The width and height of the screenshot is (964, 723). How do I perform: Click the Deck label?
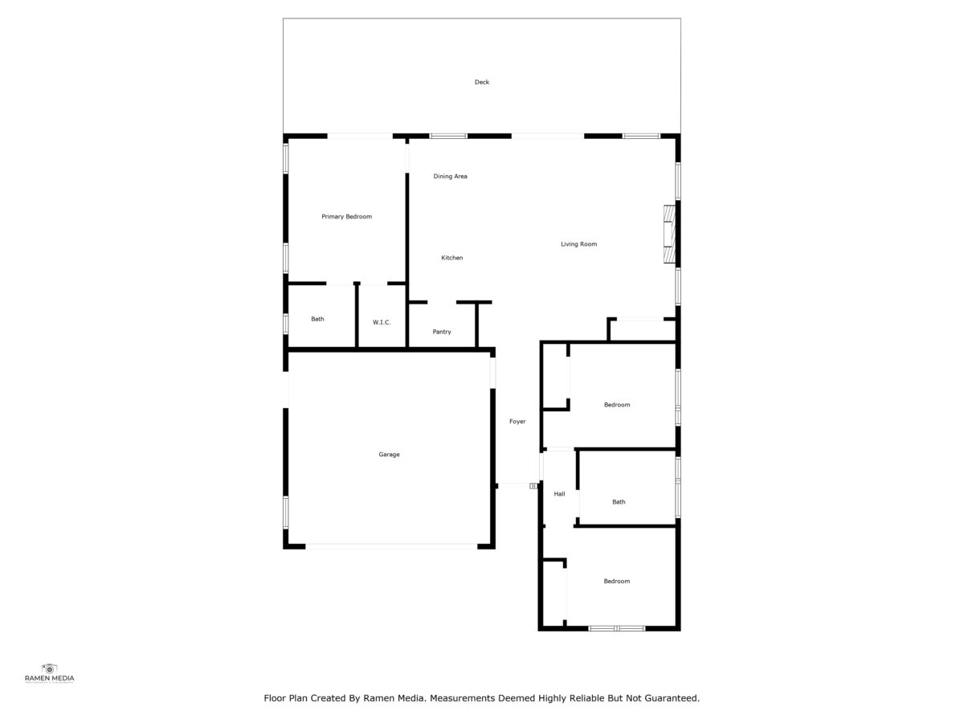click(481, 82)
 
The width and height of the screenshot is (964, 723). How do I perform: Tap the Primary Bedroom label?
click(346, 216)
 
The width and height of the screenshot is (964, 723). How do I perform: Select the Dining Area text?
click(450, 177)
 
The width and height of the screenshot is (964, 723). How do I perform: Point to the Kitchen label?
click(452, 258)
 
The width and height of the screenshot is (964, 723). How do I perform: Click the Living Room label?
click(579, 244)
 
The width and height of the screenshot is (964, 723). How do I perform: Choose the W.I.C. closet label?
click(382, 322)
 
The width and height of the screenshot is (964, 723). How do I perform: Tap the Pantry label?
click(442, 332)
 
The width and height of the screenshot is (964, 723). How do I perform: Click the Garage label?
click(389, 455)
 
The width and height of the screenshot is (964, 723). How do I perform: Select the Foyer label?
click(517, 422)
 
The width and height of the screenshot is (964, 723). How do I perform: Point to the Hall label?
click(559, 494)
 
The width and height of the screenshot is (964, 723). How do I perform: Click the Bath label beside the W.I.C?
click(317, 319)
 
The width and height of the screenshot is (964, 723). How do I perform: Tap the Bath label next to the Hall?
click(619, 502)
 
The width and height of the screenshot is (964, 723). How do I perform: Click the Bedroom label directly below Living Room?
click(617, 405)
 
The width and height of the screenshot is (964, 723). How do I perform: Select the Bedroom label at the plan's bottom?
click(617, 581)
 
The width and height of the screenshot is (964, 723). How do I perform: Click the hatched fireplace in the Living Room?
click(669, 235)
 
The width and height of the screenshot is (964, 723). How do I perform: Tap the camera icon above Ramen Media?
click(50, 668)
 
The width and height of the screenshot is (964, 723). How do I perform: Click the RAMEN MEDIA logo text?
click(50, 679)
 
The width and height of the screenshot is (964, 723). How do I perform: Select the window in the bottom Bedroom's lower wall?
click(617, 629)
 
